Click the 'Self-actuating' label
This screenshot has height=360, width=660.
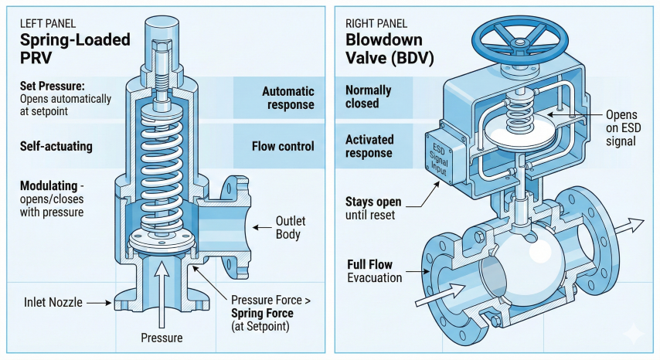(56, 145)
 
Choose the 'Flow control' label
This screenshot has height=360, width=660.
(283, 146)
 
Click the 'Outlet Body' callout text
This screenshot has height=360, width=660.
(291, 228)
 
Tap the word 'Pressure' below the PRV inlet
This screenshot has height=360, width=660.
(162, 338)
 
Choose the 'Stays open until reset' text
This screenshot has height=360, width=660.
(373, 209)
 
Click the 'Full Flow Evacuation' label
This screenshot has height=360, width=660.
(374, 270)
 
